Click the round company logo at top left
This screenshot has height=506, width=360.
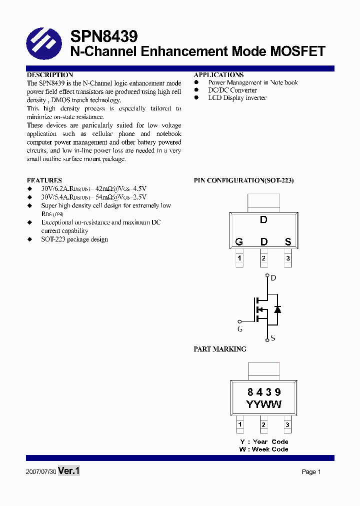(43, 43)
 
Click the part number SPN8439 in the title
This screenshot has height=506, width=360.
(103, 36)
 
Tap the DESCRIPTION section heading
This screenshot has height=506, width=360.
(50, 75)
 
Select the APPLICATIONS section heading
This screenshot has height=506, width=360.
(219, 75)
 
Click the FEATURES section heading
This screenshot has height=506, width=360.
(44, 180)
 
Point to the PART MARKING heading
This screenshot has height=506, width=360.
(220, 349)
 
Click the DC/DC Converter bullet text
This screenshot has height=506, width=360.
(232, 90)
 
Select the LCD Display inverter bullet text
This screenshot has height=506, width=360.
(237, 98)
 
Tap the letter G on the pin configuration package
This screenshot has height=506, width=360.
(239, 242)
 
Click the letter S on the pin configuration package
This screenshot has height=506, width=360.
(288, 242)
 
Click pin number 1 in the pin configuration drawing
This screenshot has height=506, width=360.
(239, 258)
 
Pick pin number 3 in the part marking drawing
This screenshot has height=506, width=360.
(287, 425)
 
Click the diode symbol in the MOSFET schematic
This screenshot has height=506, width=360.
(278, 309)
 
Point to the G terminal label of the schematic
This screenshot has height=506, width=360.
(240, 329)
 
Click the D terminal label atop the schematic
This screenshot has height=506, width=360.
(273, 278)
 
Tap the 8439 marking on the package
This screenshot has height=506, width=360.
(264, 392)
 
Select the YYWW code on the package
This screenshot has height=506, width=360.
(264, 404)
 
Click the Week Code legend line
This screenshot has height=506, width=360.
(264, 449)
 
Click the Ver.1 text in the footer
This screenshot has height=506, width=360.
(69, 471)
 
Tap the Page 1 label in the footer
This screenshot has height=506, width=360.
(311, 472)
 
